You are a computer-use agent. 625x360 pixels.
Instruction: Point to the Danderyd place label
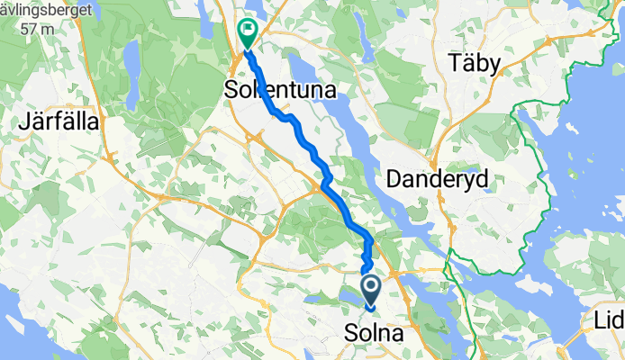click(437, 180)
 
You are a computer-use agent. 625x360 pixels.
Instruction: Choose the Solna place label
click(374, 334)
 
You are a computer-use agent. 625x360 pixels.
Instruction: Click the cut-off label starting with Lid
click(609, 321)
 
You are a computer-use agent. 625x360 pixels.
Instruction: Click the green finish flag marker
click(246, 32)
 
